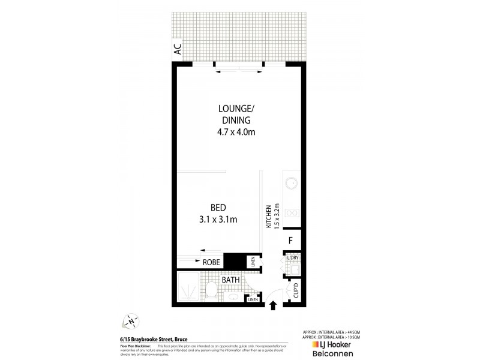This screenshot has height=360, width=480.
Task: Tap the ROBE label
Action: click(211, 262)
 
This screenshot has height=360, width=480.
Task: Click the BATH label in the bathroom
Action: click(231, 280)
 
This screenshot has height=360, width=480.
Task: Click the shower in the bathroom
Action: click(189, 292)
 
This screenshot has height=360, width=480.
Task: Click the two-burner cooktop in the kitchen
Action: click(292, 212)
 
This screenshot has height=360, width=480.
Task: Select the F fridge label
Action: click(290, 241)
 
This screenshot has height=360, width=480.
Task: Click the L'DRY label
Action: click(292, 258)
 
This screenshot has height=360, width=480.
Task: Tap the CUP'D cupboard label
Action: click(295, 291)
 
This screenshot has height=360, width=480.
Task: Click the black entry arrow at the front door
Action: click(273, 306)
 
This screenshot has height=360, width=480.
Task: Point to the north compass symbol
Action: click(131, 321)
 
